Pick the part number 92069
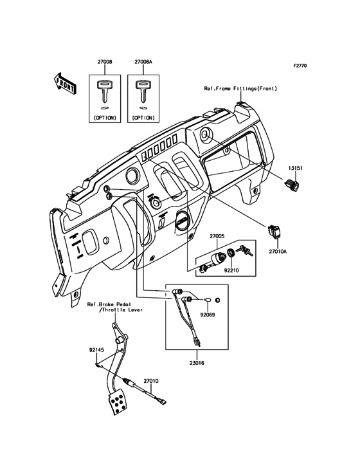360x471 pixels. (207, 316)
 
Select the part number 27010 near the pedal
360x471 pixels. (151, 381)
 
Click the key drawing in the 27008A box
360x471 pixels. (142, 91)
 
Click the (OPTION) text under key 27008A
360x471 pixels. (142, 118)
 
